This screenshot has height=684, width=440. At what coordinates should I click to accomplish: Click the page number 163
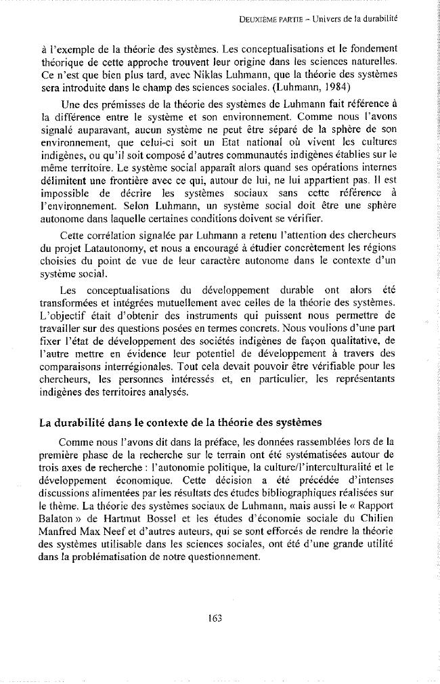click(216, 617)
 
